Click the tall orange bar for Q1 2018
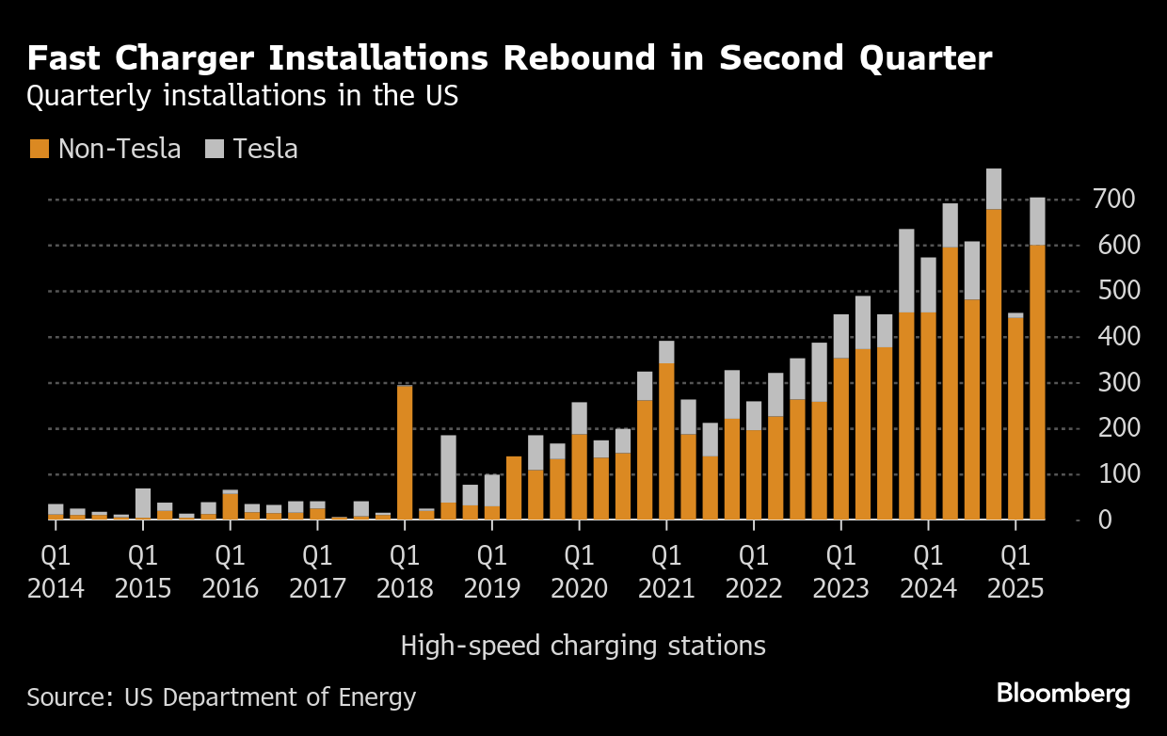click(x=405, y=452)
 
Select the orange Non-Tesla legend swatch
click(x=39, y=149)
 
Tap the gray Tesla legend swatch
click(x=215, y=149)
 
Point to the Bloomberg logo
click(x=1063, y=695)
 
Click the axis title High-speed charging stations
click(x=583, y=647)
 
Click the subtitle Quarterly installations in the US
click(x=243, y=96)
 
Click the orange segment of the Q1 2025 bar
click(x=1015, y=418)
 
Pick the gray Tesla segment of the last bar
click(x=1037, y=221)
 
